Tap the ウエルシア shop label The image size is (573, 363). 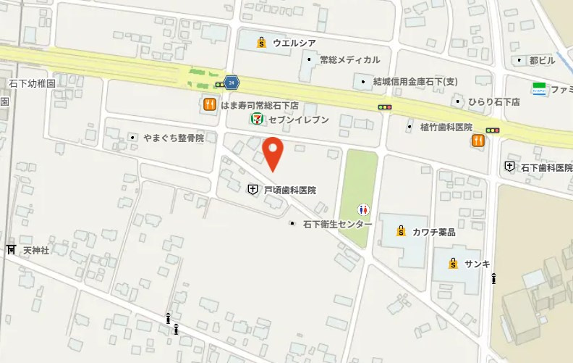coord(290,43)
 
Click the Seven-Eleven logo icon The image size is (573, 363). coord(256,119)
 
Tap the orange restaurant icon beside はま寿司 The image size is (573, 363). coord(208,104)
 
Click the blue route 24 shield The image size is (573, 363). coord(231,82)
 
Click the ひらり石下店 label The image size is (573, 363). coord(494,102)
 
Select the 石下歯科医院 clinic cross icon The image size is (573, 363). coord(509,166)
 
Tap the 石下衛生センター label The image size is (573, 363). coord(337,224)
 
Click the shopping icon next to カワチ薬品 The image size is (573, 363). coord(400,232)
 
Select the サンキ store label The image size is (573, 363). coord(477,263)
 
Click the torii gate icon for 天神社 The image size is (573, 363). coord(11,250)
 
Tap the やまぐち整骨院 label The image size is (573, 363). coord(173,137)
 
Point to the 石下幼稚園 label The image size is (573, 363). coord(33,83)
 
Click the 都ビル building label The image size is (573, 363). coord(542,60)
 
